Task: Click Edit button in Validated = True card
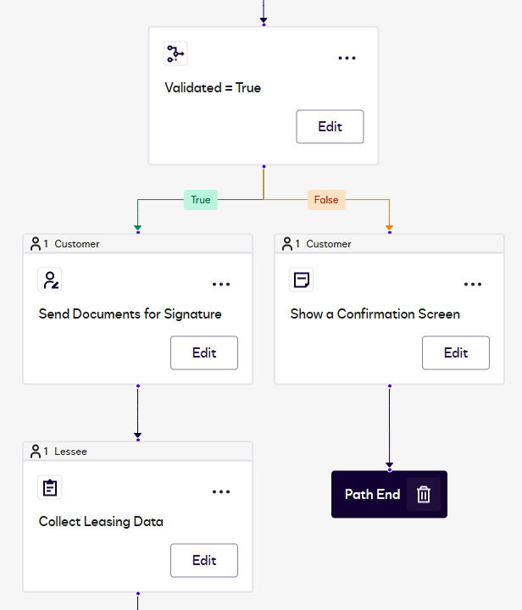[x=330, y=126]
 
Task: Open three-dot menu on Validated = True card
[x=347, y=58]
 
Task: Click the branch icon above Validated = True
[x=175, y=54]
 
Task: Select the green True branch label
[x=201, y=200]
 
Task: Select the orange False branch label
[x=326, y=200]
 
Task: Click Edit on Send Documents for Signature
[x=204, y=352]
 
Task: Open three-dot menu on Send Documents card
[x=221, y=284]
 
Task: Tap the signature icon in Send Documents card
[x=50, y=280]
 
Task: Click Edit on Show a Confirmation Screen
[x=456, y=352]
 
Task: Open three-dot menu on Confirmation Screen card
[x=473, y=284]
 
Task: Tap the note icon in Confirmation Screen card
[x=301, y=280]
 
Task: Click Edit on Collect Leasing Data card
[x=204, y=560]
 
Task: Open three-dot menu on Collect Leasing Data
[x=221, y=491]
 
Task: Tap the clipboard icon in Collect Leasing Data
[x=50, y=488]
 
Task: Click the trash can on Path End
[x=424, y=494]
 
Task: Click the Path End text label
[x=372, y=494]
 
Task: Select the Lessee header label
[x=70, y=452]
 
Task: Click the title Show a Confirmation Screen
[x=375, y=313]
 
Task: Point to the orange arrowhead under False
[x=389, y=227]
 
